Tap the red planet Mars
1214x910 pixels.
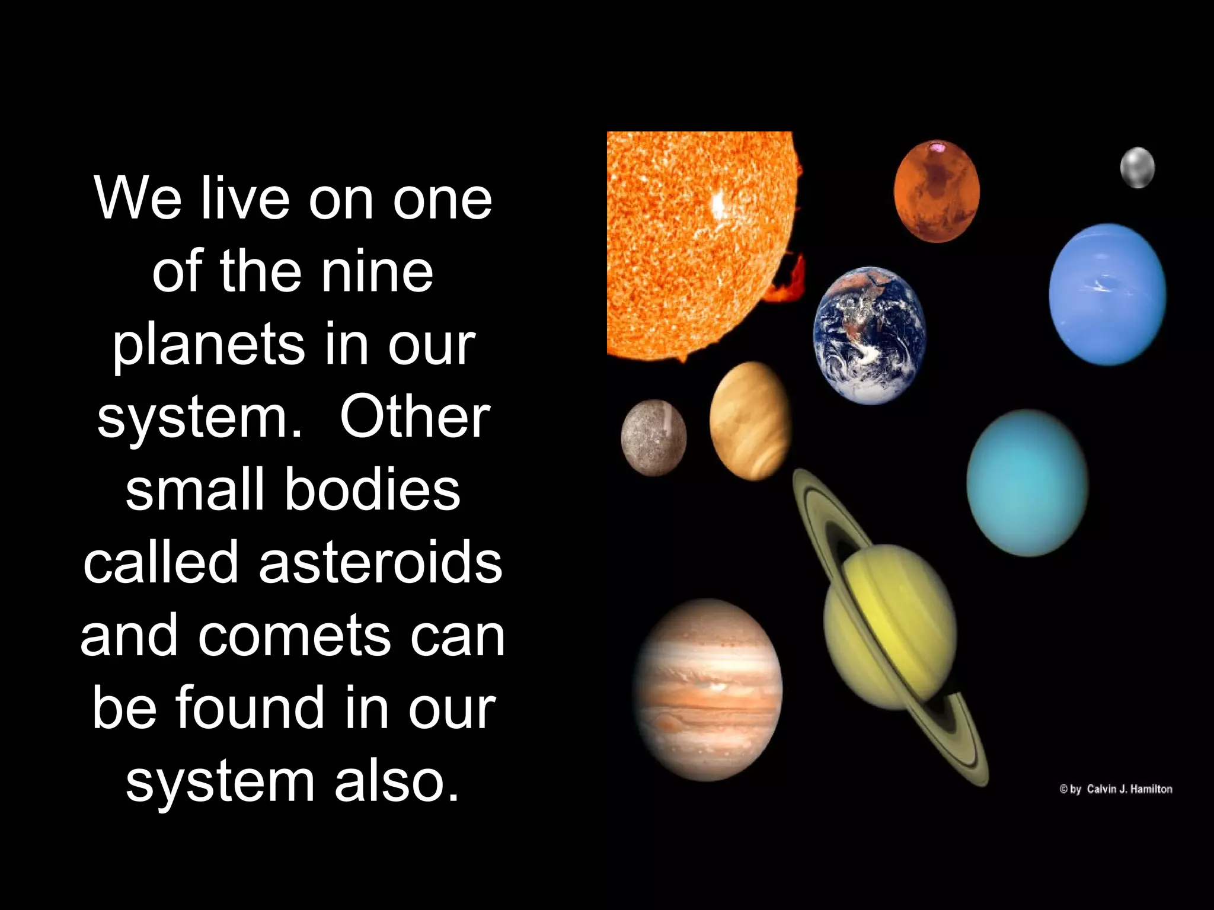(937, 191)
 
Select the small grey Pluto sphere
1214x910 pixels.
(1137, 168)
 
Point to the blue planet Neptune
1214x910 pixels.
(1107, 294)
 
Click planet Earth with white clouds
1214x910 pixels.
(869, 335)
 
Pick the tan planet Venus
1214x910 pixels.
(750, 421)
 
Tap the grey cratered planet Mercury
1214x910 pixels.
(654, 437)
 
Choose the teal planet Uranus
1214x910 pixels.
(1027, 482)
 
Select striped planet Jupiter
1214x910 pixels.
(708, 690)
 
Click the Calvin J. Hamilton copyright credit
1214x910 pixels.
(1116, 789)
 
